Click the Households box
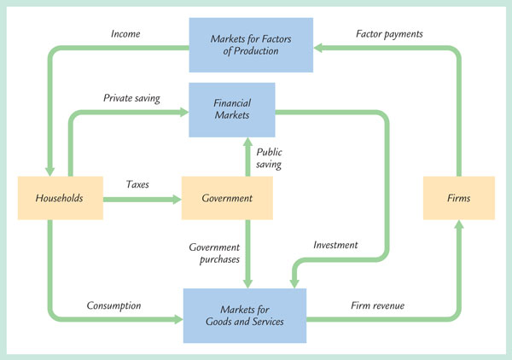[x=60, y=198]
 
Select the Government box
[x=227, y=198]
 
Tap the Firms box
[x=459, y=198]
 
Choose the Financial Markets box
[x=232, y=107]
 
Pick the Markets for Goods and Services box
[x=244, y=314]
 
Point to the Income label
[x=125, y=34]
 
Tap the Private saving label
[x=132, y=98]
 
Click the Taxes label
[x=138, y=184]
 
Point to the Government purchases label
[x=214, y=253]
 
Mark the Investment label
[x=335, y=245]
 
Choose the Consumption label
[x=113, y=305]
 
